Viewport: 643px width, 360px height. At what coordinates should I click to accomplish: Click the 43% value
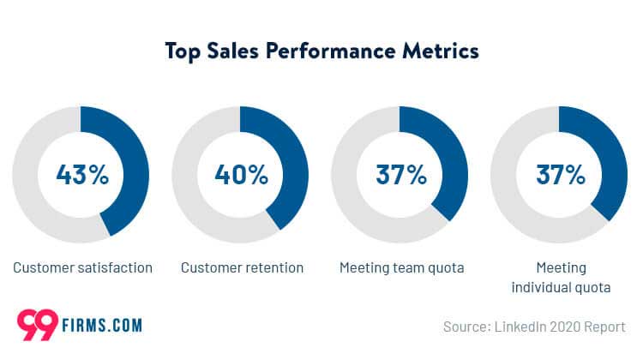(x=82, y=175)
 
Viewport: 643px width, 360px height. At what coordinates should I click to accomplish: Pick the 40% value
(x=241, y=175)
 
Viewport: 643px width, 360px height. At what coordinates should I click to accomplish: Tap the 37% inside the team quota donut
(x=401, y=175)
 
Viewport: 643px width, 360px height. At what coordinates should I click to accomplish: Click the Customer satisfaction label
(x=82, y=267)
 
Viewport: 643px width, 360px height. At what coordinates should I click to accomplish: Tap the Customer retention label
(x=242, y=267)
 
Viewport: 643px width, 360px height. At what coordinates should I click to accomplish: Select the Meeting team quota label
(x=401, y=267)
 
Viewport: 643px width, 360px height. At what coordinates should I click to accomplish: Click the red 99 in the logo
(x=36, y=324)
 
